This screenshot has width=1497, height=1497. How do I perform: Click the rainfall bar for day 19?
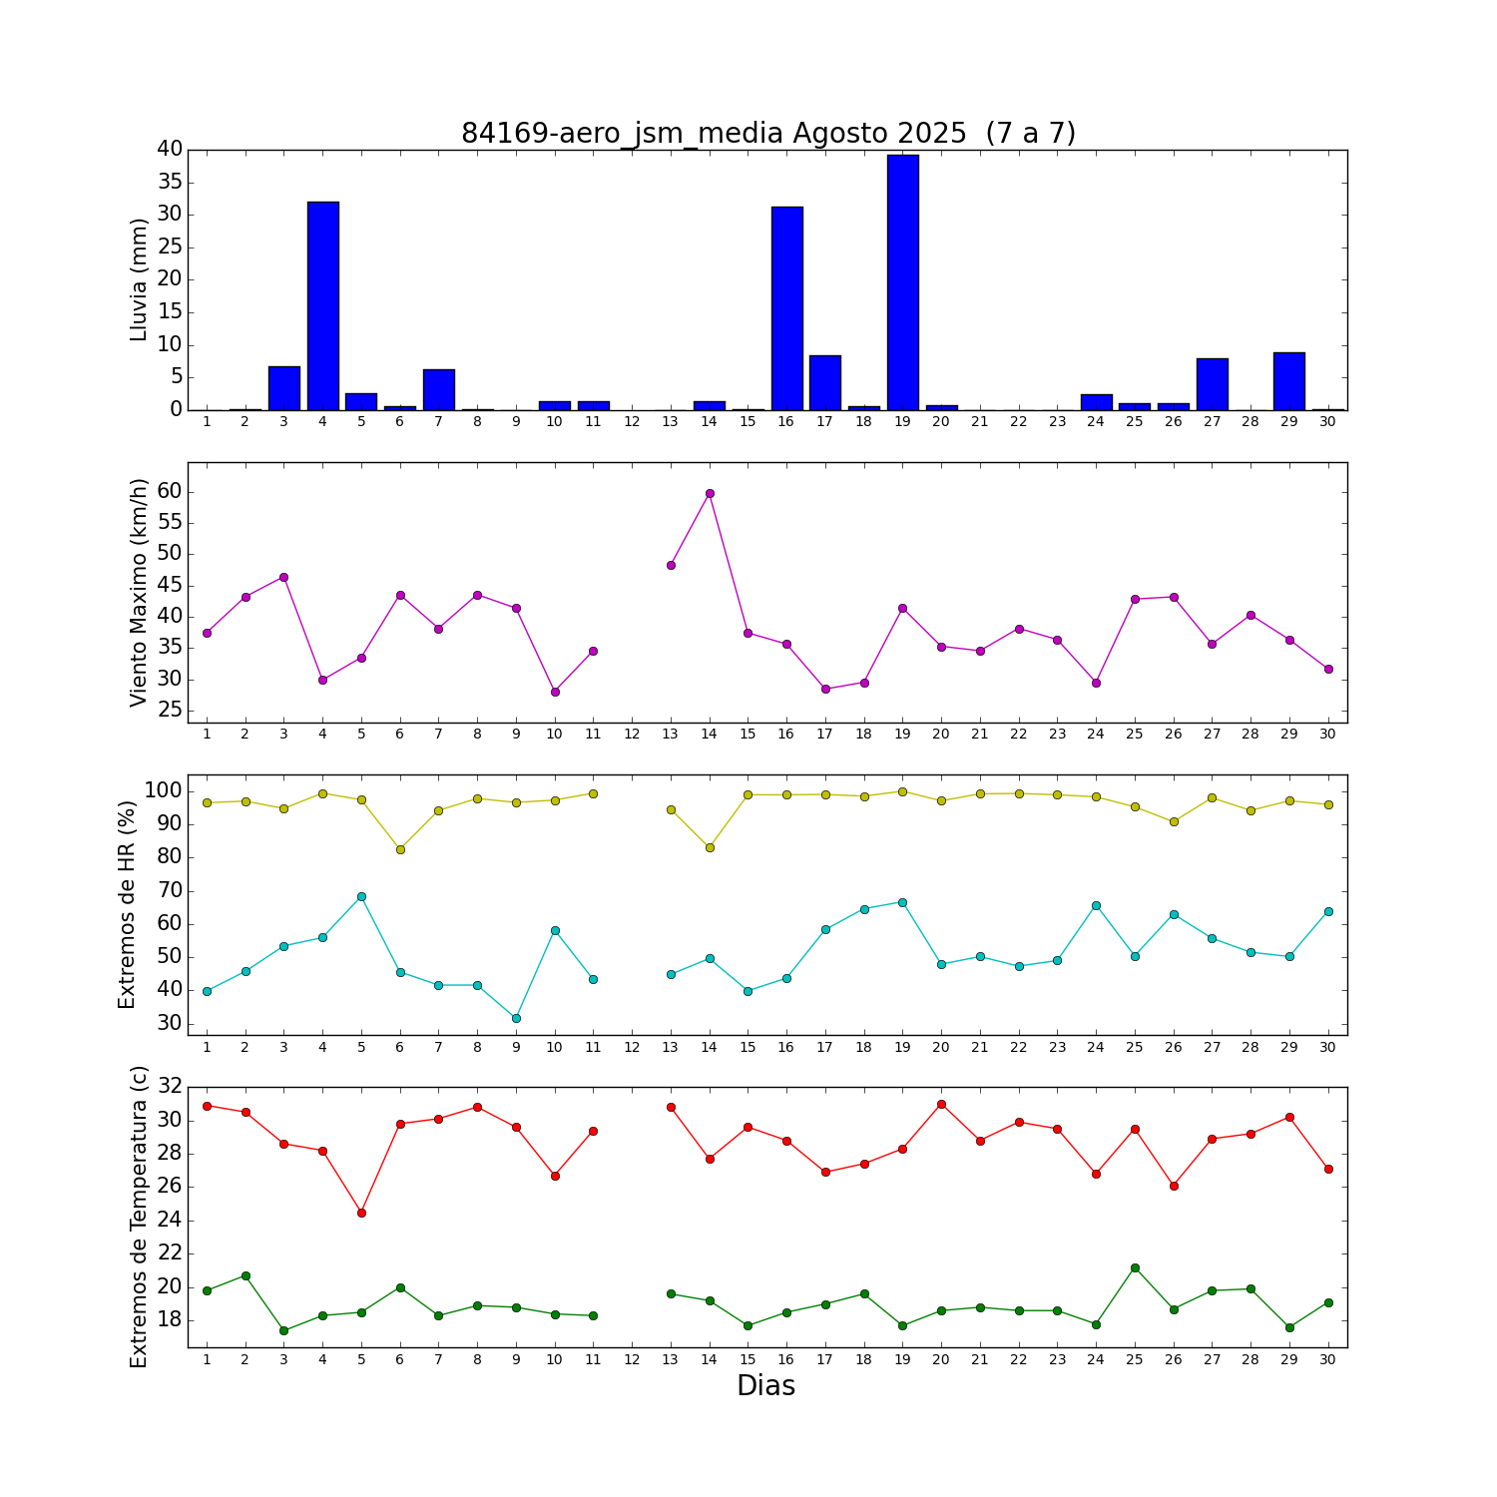point(902,282)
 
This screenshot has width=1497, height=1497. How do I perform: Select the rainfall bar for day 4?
point(322,305)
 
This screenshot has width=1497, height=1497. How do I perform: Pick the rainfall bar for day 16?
point(786,308)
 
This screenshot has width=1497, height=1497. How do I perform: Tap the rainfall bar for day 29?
point(1288,381)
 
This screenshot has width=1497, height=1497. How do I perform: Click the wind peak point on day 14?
point(710,493)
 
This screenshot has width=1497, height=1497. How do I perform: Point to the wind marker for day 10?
point(555,692)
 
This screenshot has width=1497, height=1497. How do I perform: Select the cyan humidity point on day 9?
point(516,1018)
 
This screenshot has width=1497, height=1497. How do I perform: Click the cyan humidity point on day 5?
point(361,896)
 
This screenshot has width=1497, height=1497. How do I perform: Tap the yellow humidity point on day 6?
point(400,849)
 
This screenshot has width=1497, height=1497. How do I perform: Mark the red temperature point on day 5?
point(361,1213)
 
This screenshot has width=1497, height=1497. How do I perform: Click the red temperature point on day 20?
point(941,1104)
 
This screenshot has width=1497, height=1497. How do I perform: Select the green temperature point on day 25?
point(1135,1267)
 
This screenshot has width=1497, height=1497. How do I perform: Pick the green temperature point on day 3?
point(283,1330)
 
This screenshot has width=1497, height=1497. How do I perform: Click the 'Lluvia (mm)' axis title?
point(139,279)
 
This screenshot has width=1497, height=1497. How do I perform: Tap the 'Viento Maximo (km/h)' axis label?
point(139,592)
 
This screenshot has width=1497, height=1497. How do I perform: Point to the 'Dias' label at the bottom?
point(765,1385)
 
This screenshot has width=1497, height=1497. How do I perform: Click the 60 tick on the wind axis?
point(170,491)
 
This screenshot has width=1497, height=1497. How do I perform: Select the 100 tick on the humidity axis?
point(164,790)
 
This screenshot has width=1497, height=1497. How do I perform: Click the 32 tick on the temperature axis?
point(170,1087)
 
